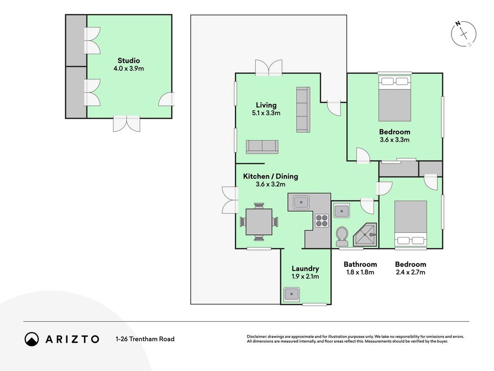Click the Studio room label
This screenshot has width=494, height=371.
[x=129, y=61]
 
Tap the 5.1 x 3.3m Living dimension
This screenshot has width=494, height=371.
[x=266, y=113]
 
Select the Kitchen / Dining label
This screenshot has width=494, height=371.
[x=270, y=176]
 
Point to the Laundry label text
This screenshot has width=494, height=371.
[x=305, y=269]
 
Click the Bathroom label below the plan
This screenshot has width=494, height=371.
[x=360, y=264]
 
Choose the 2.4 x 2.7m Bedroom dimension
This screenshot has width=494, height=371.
[x=411, y=272]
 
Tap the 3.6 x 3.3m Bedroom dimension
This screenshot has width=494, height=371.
[x=395, y=140]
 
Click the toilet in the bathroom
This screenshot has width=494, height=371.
[x=342, y=237]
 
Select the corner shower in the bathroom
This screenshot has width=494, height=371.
[x=365, y=235]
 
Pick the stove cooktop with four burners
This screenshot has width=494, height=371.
[x=322, y=221]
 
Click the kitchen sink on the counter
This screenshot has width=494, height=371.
[x=301, y=202]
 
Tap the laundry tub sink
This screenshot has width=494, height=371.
[x=292, y=294]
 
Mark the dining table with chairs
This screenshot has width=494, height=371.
[x=259, y=222]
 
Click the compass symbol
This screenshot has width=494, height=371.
[x=464, y=34]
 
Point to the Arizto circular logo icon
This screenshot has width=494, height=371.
[x=31, y=339]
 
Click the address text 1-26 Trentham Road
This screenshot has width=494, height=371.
[x=145, y=339]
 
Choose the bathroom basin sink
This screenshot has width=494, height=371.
[x=342, y=211]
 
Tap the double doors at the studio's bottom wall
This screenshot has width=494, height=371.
[x=126, y=123]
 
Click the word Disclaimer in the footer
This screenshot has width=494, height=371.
[x=257, y=337]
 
